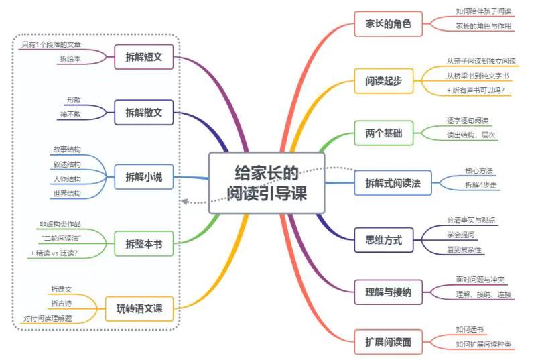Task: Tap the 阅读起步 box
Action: click(x=384, y=81)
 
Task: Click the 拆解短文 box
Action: click(x=144, y=57)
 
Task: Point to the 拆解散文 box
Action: click(x=144, y=113)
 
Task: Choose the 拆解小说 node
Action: click(x=144, y=178)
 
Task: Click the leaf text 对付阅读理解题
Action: click(x=48, y=318)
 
